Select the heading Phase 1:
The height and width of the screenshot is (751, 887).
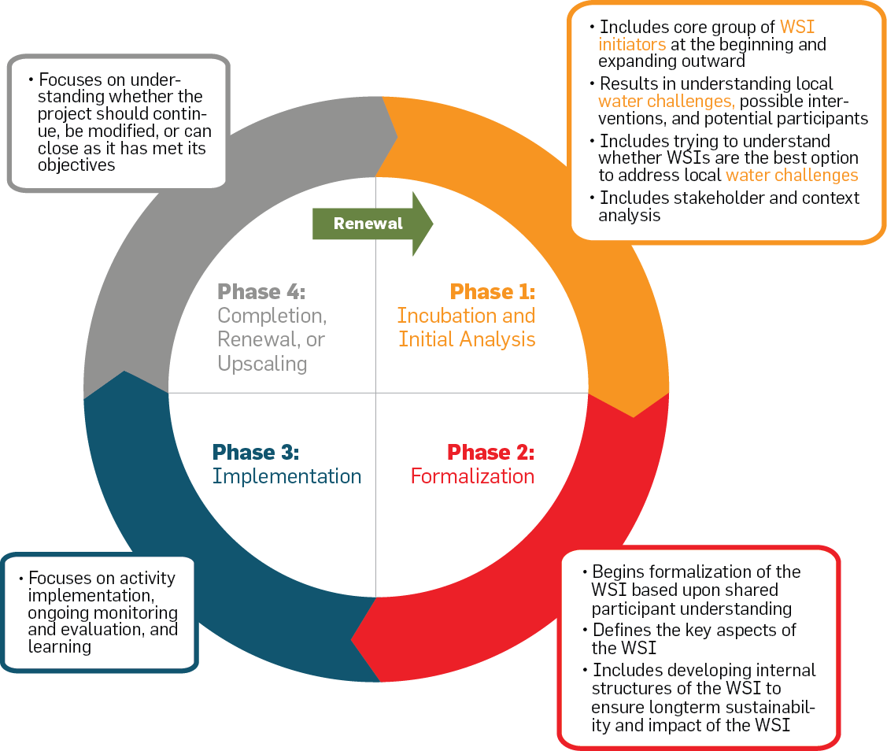[x=492, y=292]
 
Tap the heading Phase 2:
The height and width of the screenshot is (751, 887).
[x=490, y=453]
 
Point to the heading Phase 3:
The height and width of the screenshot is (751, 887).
[x=256, y=453]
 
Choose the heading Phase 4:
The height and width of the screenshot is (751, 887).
[x=261, y=292]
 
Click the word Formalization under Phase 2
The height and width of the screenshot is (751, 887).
[x=472, y=476]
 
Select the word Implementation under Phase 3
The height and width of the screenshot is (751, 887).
[x=286, y=476]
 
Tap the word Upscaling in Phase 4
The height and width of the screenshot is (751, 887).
[x=263, y=364]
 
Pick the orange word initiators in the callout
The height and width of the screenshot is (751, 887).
[x=632, y=44]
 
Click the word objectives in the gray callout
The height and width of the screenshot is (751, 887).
[x=76, y=165]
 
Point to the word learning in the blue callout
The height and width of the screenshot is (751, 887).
[x=59, y=647]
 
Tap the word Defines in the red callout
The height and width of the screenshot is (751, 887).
[x=620, y=630]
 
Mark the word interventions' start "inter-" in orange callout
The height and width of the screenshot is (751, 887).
[x=826, y=102]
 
